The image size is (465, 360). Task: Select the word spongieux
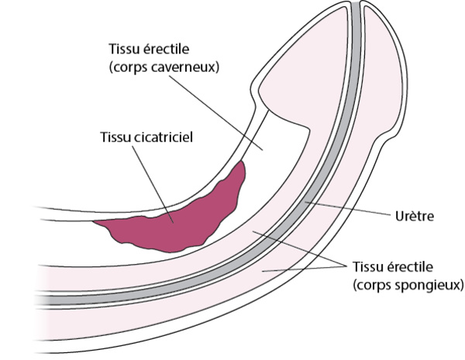tap(424, 284)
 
